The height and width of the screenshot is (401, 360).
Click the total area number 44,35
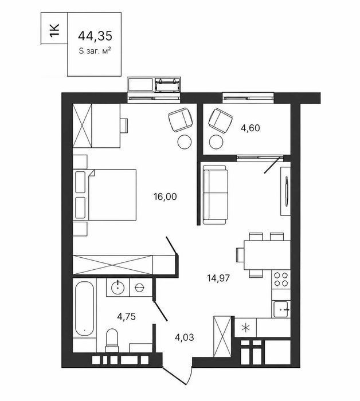pos(95,36)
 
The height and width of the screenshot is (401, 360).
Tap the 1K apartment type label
pos(54,31)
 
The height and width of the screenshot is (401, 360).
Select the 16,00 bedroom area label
pos(165,196)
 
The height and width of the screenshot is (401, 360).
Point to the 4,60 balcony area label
pos(251,128)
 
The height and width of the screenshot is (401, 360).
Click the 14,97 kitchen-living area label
pos(218,278)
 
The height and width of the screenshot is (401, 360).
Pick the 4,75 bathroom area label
pos(126,317)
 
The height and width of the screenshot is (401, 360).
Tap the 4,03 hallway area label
pos(184,337)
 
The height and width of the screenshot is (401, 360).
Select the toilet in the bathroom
pos(112,340)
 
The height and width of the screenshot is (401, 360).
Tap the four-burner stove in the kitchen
pos(281,280)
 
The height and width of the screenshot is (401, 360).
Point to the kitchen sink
pos(281,309)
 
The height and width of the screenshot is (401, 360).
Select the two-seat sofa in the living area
pos(215,195)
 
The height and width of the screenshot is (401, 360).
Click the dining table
pos(267,255)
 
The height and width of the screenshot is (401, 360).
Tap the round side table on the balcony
pos(216,142)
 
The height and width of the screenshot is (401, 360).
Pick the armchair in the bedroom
pos(181,120)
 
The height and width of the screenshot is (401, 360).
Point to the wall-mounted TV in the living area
pos(286,191)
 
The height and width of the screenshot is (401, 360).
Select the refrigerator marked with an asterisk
pos(245,328)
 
